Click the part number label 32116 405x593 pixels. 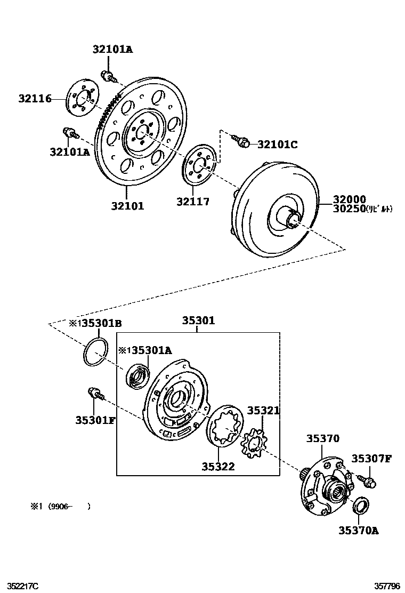[x=35, y=99]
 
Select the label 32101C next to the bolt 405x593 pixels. [x=277, y=144]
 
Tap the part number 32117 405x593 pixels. [x=193, y=202]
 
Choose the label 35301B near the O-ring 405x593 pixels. [x=102, y=323]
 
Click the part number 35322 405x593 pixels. [x=218, y=467]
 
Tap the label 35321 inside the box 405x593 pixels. [x=263, y=411]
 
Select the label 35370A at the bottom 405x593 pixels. [x=358, y=530]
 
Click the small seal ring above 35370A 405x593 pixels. [x=361, y=504]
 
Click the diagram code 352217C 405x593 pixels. [x=19, y=586]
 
